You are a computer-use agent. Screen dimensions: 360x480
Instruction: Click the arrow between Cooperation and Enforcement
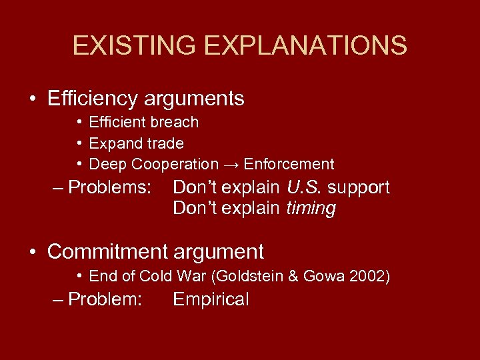tap(230, 164)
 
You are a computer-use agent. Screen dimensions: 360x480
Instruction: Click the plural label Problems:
tap(110, 187)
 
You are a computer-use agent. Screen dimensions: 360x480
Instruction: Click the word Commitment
tap(107, 252)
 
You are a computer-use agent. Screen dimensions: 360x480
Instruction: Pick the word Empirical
tap(211, 300)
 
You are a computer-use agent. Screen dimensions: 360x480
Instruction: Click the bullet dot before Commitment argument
tap(33, 253)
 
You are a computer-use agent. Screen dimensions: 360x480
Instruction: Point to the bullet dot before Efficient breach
tap(79, 123)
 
